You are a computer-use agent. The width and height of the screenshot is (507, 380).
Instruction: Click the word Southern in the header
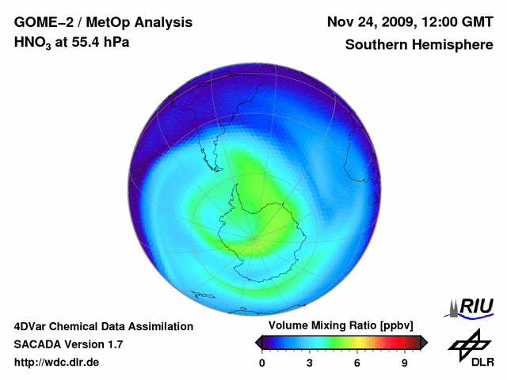click(375, 45)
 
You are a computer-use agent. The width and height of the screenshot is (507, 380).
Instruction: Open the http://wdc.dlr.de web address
click(57, 363)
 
